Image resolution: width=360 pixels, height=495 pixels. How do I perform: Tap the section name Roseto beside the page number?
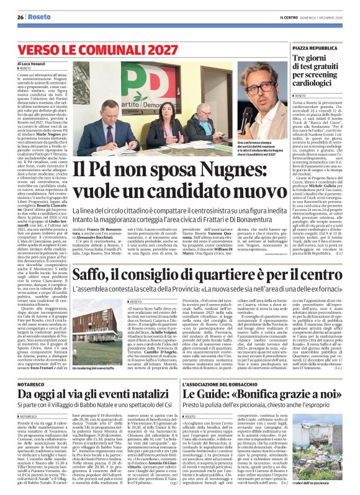pos(42,18)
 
